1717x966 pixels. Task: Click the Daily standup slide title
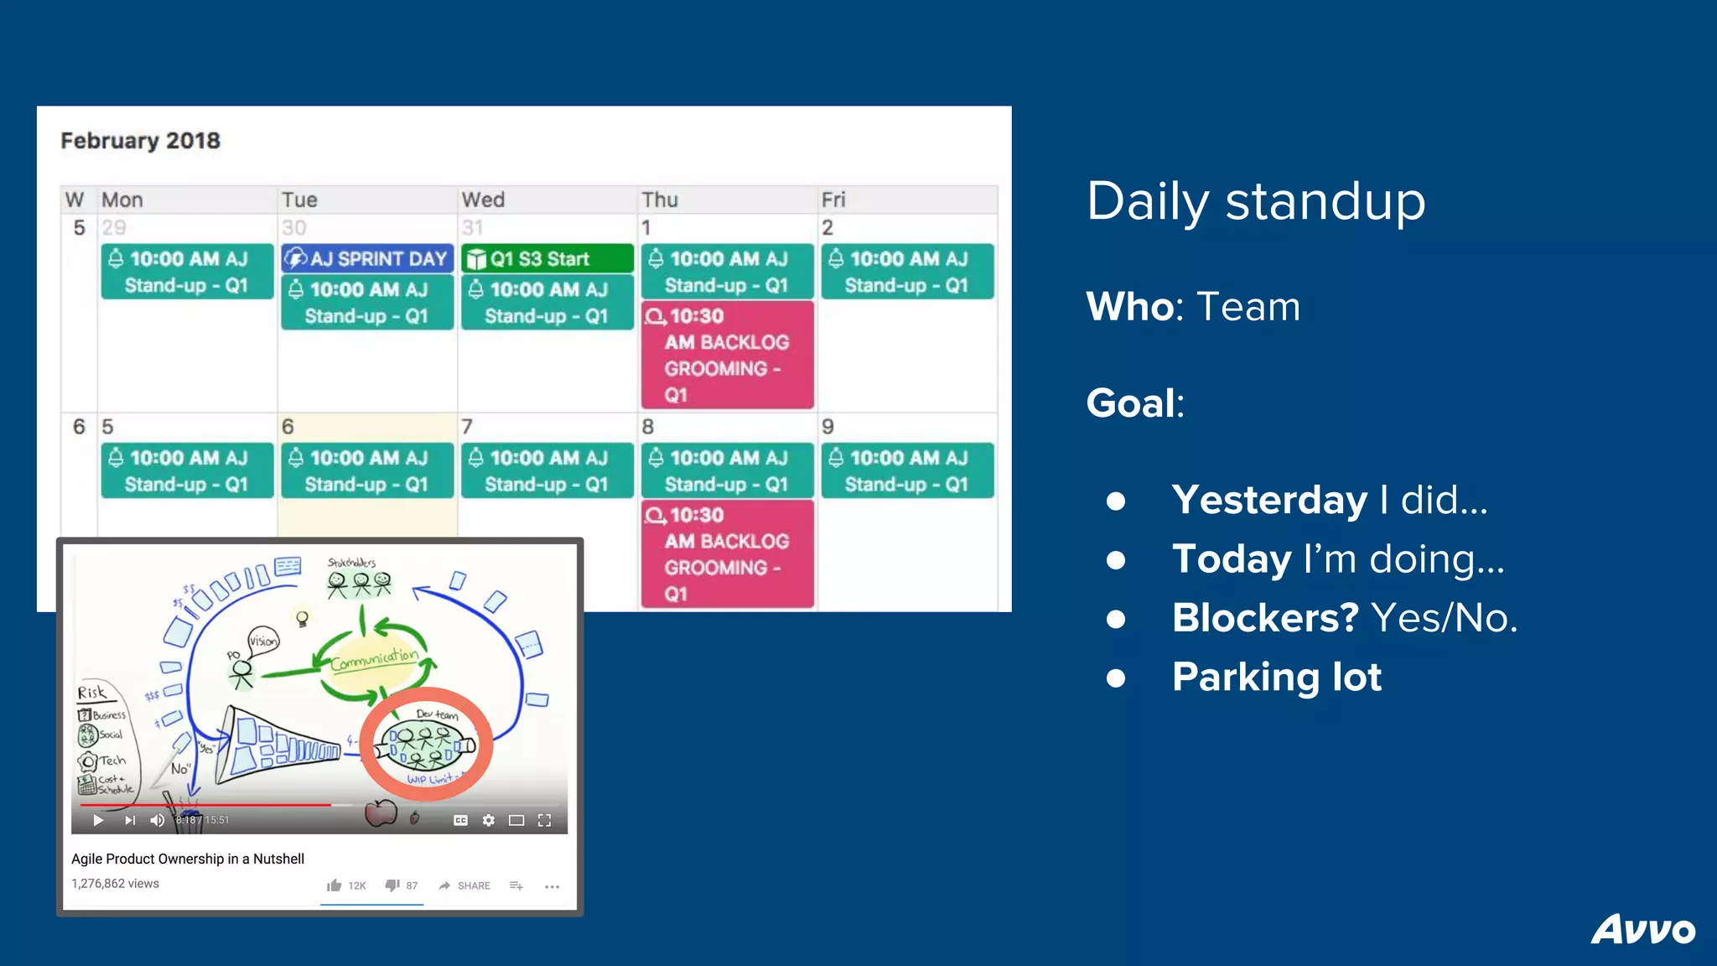click(x=1255, y=201)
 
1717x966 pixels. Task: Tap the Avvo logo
click(x=1642, y=929)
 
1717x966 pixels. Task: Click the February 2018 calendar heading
click(x=140, y=141)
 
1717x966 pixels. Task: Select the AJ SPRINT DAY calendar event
click(x=367, y=258)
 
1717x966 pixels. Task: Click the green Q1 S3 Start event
click(x=547, y=258)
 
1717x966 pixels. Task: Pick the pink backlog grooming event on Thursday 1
click(x=727, y=355)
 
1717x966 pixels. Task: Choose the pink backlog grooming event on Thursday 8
click(x=727, y=553)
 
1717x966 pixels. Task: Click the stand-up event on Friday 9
click(x=907, y=470)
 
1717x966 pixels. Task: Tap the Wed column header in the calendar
click(x=483, y=200)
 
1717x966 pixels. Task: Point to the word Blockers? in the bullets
click(x=1264, y=618)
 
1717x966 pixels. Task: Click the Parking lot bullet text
click(x=1276, y=678)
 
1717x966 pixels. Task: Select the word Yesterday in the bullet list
click(x=1269, y=500)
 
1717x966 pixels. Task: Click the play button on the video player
click(x=98, y=820)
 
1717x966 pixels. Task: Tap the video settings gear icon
click(x=488, y=820)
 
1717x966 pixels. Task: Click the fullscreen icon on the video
click(x=544, y=820)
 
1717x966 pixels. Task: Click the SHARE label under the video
click(x=473, y=885)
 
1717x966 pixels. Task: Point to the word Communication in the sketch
click(x=374, y=660)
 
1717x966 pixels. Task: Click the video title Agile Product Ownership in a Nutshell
click(x=188, y=859)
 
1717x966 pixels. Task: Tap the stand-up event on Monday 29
click(x=187, y=272)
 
